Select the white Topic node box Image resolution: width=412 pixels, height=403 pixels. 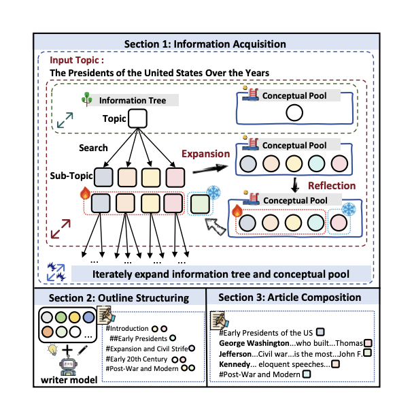(137, 118)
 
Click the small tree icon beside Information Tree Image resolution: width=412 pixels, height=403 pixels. (86, 99)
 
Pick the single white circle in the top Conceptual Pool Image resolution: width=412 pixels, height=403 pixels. (294, 112)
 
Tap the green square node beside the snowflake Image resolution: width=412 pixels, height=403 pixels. (200, 204)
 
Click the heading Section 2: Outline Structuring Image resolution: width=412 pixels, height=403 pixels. (119, 297)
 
